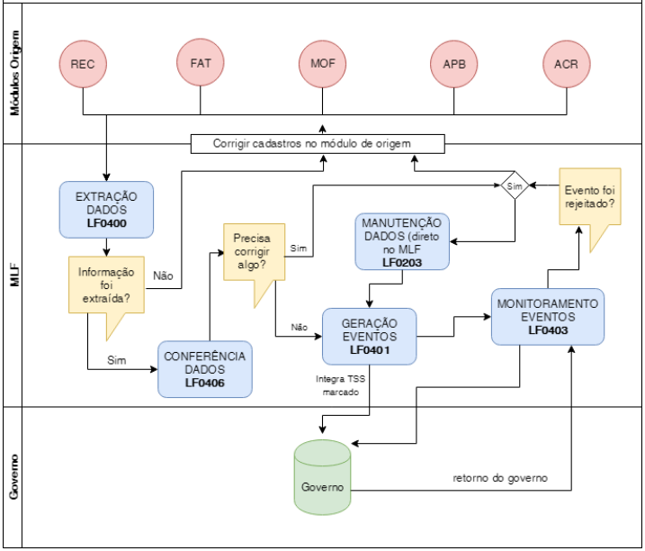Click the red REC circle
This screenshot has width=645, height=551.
(83, 65)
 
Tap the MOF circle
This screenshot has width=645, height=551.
(322, 65)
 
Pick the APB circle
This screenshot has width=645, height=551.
(454, 65)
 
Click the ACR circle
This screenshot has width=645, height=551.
(567, 65)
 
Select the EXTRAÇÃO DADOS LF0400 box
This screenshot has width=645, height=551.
(106, 208)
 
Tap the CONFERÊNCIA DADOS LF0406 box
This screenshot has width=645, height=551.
(204, 369)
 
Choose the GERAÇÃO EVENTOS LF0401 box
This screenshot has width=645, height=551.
(369, 337)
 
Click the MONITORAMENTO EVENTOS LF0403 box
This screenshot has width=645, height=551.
(547, 316)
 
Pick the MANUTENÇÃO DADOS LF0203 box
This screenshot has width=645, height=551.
(401, 242)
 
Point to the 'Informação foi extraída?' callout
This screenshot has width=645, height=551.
(106, 285)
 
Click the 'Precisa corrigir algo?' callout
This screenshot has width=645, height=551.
(255, 252)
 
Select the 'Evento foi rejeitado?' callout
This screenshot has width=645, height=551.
(589, 197)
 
